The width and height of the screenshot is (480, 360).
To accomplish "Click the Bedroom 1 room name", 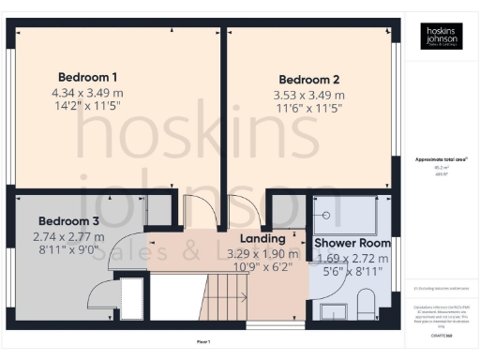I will coord(87,77).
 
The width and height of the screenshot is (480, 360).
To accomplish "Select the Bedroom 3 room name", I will coord(67,221).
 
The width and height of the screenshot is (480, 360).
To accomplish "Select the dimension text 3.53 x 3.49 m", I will coord(308,95).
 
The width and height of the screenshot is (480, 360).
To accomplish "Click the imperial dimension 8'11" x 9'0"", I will coord(67,251).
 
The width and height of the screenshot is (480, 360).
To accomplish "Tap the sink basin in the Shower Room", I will coord(331,311).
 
